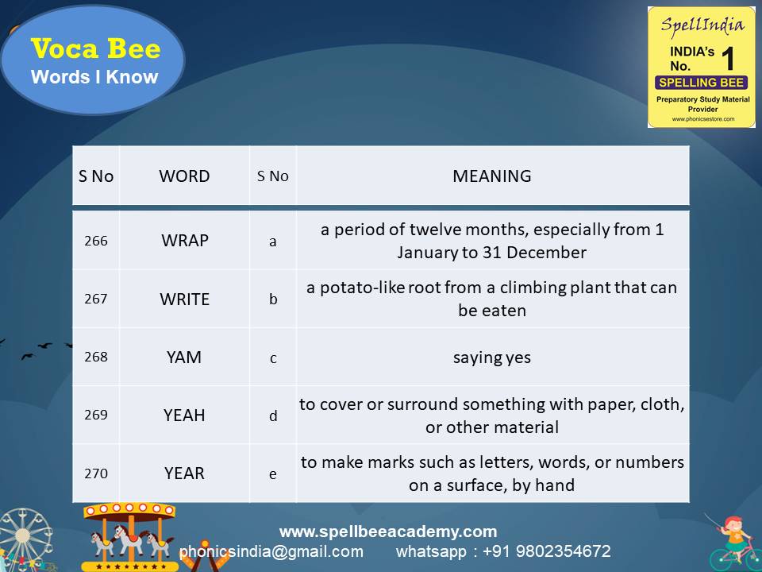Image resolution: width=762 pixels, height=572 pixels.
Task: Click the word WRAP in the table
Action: click(184, 240)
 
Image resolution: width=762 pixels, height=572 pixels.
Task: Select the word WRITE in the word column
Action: click(184, 299)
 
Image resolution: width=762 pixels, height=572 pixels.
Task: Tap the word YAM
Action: click(184, 357)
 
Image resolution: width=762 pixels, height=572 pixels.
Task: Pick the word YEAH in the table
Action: click(184, 415)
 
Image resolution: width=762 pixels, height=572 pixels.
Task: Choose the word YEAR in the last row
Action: click(184, 473)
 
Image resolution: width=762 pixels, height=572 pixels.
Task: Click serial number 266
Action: click(95, 240)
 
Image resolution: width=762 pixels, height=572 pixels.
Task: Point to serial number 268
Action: click(95, 357)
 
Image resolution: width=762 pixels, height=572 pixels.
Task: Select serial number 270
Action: click(95, 473)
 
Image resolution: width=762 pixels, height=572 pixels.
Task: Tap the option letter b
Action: click(273, 300)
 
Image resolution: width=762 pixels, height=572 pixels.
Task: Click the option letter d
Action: click(273, 415)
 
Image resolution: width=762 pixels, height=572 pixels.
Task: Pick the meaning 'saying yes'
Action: click(492, 357)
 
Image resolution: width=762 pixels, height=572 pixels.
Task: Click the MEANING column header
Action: click(492, 176)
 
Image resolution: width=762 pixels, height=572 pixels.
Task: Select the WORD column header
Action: click(184, 176)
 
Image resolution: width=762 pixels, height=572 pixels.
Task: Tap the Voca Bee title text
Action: click(95, 49)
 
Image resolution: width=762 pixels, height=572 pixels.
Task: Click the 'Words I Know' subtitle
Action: click(94, 77)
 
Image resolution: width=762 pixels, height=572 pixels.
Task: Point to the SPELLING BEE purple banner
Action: click(701, 83)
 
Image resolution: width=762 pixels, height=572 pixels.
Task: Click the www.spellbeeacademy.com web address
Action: click(388, 531)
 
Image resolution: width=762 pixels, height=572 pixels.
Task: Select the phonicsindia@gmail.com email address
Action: click(271, 551)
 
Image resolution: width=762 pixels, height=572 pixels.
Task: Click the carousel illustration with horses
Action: click(130, 536)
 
